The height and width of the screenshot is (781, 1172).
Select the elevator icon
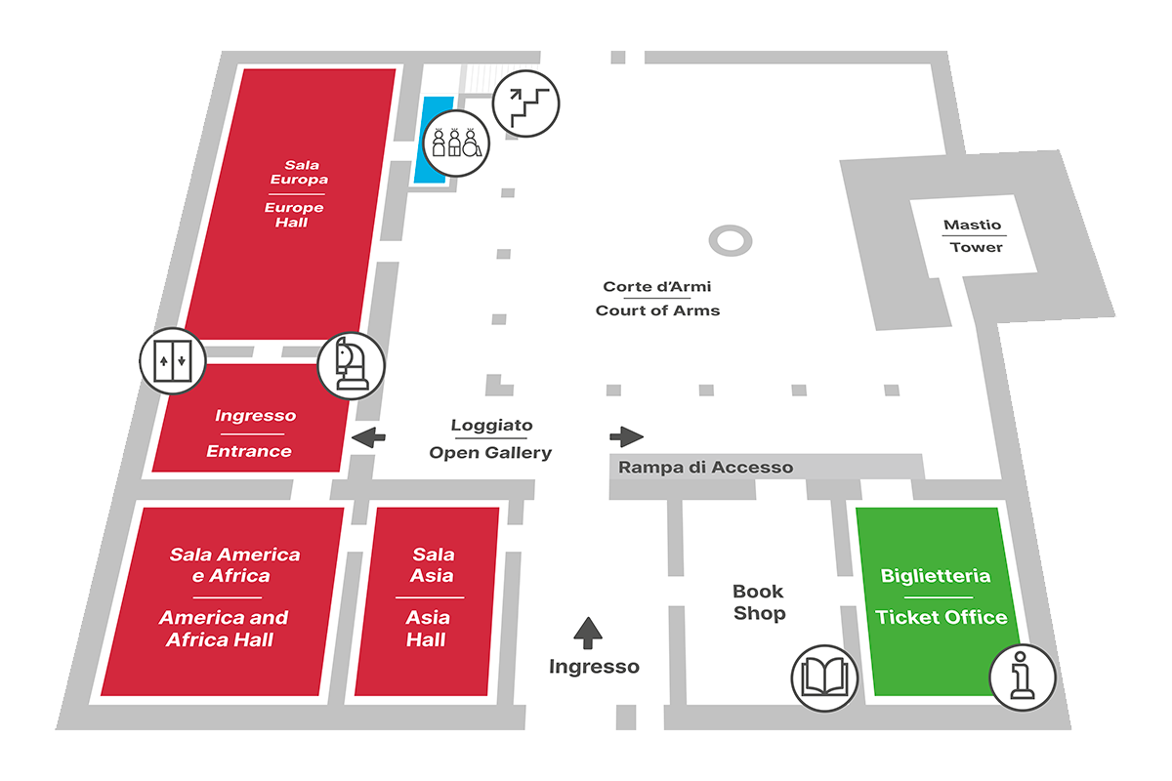point(172,360)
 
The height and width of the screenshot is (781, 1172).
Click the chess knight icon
point(351,364)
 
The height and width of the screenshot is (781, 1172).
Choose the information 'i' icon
point(1023,676)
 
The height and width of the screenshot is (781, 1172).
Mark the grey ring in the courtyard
point(730,239)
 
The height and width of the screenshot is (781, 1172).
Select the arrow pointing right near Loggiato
point(626,436)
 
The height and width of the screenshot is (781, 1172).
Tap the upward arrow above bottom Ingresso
point(587,632)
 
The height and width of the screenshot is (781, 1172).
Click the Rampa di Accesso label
point(705,468)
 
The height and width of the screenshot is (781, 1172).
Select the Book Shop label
point(759,602)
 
